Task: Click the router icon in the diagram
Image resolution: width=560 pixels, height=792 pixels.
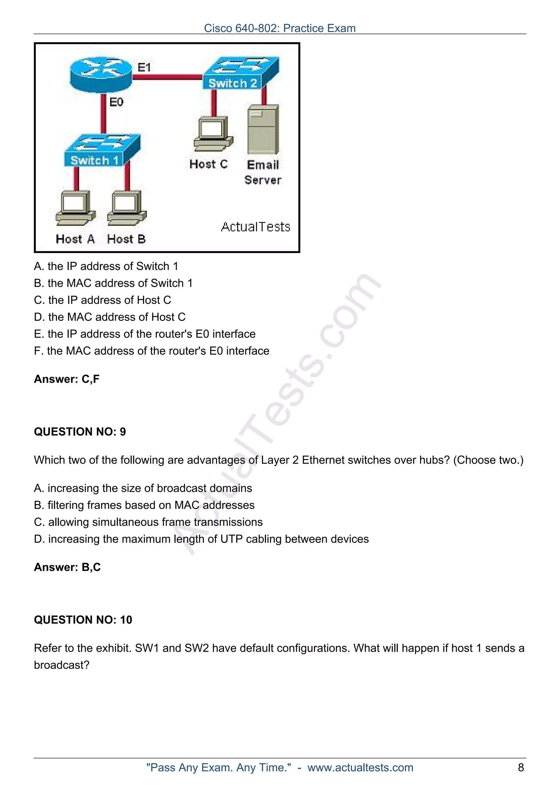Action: point(101,75)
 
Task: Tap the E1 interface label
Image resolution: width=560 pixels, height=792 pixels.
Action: point(144,67)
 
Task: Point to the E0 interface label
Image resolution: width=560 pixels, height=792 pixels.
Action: point(116,102)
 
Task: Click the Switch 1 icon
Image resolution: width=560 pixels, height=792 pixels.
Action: point(102,150)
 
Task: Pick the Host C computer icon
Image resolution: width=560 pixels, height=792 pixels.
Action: point(213,134)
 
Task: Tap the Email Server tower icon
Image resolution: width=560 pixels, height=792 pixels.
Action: point(263,129)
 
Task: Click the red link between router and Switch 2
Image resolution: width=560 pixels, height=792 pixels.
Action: point(167,77)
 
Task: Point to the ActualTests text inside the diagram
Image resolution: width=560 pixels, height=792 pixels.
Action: point(255,227)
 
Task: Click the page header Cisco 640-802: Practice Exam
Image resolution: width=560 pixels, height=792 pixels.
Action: point(279,28)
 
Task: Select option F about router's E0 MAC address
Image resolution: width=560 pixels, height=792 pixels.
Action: point(151,351)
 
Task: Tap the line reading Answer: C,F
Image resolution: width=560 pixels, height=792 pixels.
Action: point(67,379)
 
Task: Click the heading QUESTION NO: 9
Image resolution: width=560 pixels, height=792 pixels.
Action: point(80,432)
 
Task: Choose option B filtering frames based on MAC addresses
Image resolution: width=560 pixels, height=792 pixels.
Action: point(144,505)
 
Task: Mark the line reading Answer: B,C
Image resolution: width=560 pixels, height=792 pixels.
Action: point(67,567)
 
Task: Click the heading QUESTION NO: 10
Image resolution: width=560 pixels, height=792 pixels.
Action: point(83,620)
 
